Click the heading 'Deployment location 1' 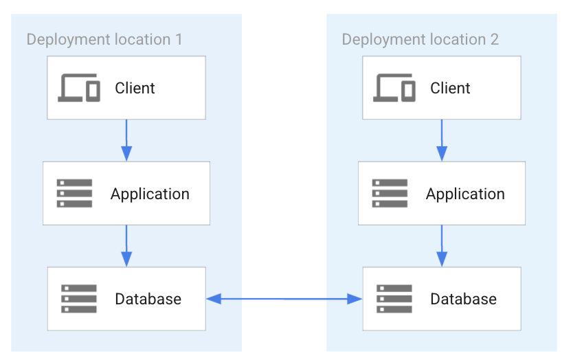coord(104,38)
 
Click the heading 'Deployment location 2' coord(420,38)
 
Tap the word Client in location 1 coord(135,88)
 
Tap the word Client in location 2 coord(450,88)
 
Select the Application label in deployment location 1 coord(150,194)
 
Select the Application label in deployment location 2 coord(465,194)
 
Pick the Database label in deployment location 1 coord(148,299)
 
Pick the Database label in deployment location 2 coord(463,299)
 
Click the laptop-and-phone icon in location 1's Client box coord(79,88)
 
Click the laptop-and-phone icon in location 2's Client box coord(394,88)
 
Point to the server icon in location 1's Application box coord(74,194)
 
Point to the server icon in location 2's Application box coord(390,194)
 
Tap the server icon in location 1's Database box coord(79,299)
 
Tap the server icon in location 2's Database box coord(394,299)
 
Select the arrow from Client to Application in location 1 coord(126,140)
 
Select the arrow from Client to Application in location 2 coord(441,140)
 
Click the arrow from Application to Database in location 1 coord(126,245)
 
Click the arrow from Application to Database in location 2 coord(441,245)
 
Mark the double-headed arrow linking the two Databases coord(284,298)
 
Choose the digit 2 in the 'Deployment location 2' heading coord(494,38)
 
